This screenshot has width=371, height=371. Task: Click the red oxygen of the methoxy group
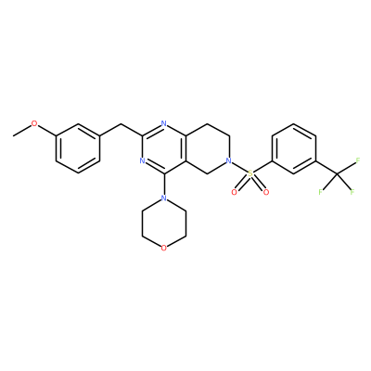tap(34, 124)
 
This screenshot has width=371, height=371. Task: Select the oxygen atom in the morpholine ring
tap(164, 248)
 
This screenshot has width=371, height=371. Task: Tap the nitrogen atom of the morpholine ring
tap(164, 198)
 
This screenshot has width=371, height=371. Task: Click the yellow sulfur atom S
tap(250, 173)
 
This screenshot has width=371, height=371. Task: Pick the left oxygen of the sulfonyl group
tap(235, 192)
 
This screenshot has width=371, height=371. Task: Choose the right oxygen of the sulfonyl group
tap(266, 192)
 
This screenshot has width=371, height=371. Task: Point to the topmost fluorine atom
tap(358, 160)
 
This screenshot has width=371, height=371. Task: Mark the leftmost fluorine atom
tap(321, 192)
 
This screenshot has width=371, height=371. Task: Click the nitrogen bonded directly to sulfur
tap(228, 160)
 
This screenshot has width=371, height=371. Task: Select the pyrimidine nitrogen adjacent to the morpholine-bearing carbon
tap(142, 160)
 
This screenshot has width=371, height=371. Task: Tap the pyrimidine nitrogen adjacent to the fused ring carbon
tap(164, 124)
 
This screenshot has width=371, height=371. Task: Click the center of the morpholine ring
tap(164, 224)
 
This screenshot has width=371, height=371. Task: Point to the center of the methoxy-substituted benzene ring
tap(78, 148)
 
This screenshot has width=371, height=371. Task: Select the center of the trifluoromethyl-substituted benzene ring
tap(294, 148)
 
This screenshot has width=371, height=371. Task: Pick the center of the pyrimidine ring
tap(164, 148)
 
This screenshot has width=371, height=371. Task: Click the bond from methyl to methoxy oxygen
tap(22, 130)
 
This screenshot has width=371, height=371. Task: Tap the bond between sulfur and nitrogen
tap(239, 167)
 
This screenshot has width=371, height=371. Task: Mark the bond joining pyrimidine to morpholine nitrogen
tap(164, 184)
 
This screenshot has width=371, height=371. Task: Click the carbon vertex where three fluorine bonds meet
tap(337, 173)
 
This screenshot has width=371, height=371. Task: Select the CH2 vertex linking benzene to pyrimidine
tap(121, 124)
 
